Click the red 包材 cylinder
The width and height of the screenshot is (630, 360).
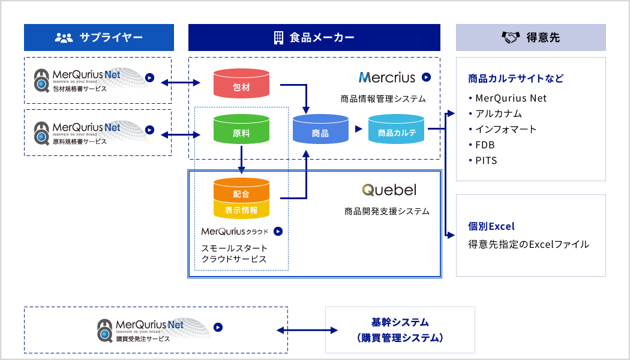pos(241,83)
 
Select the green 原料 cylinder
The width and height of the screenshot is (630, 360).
pos(241,129)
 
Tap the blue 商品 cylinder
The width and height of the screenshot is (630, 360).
pos(320,129)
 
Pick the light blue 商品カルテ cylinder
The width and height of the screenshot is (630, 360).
pos(396,129)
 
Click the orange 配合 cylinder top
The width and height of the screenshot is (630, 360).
pos(241,190)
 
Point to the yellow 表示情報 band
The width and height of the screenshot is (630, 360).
pos(241,210)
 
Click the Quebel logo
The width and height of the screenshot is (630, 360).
pos(389,190)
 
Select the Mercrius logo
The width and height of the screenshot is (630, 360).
pos(386,77)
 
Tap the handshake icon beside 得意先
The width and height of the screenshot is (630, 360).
pos(511,37)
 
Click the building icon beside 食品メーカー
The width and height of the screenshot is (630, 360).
pos(278,37)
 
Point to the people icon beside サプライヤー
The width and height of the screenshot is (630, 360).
pos(64,38)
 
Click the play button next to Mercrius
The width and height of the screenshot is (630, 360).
pos(426,77)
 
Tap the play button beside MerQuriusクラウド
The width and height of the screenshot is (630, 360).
pos(278,232)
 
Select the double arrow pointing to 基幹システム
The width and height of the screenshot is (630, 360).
pos(307,330)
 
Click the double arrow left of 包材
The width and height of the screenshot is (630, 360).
pos(181,83)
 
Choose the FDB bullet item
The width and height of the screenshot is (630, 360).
pos(482,145)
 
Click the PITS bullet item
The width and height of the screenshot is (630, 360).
pos(483,161)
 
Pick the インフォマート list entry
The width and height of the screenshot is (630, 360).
pos(503,130)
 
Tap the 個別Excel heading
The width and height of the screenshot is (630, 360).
pos(491,226)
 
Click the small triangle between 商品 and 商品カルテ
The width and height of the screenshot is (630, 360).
pos(358,129)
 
